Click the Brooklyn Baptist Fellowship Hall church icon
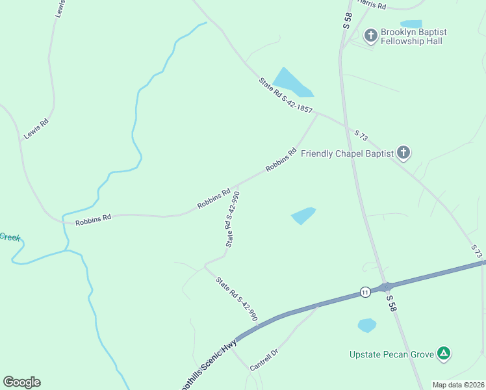pyautogui.click(x=371, y=35)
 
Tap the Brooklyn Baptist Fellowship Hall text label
pyautogui.click(x=413, y=36)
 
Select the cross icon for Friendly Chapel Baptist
pyautogui.click(x=403, y=153)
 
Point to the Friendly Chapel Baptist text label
pyautogui.click(x=348, y=153)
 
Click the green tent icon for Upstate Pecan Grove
pyautogui.click(x=443, y=354)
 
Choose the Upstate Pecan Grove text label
pyautogui.click(x=392, y=354)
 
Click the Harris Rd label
pyautogui.click(x=372, y=5)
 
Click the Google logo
pyautogui.click(x=21, y=382)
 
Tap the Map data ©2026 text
pyautogui.click(x=457, y=385)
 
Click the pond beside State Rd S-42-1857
pyautogui.click(x=290, y=82)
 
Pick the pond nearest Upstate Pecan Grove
pyautogui.click(x=367, y=325)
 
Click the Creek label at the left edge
pyautogui.click(x=10, y=237)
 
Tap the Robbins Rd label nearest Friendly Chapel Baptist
pyautogui.click(x=285, y=161)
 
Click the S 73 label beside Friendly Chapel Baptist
pyautogui.click(x=361, y=135)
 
